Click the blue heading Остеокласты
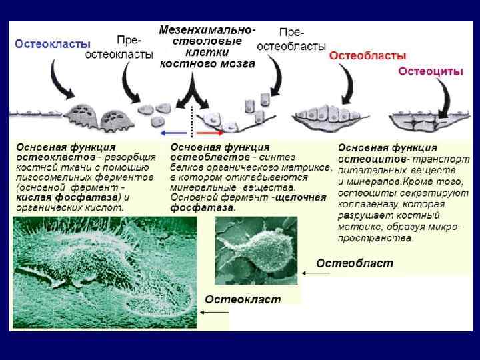coord(53,43)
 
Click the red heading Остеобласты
coord(367,57)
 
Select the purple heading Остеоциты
coord(430,72)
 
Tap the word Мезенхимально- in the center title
coord(207,31)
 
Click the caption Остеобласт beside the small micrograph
coord(354,263)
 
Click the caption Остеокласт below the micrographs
coord(243,299)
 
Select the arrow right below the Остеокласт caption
coord(217,312)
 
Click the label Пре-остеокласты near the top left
coord(119,47)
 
